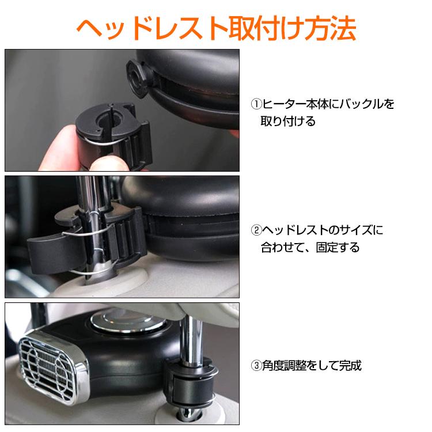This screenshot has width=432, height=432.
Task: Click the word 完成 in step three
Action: click(350, 366)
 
